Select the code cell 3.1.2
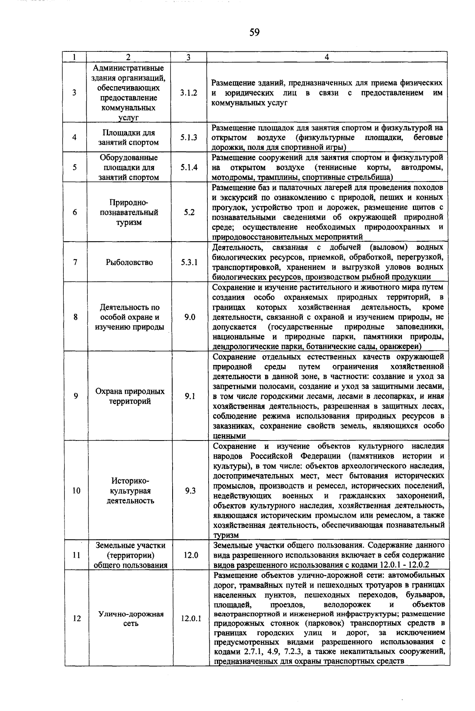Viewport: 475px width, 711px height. point(188,93)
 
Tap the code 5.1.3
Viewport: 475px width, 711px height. point(189,138)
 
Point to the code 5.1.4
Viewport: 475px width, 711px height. point(189,167)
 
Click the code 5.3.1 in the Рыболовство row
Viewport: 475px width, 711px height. point(189,262)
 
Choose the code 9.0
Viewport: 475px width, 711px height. point(190,317)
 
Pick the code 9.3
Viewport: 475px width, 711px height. point(190,491)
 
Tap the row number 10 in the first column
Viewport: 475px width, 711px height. point(76,491)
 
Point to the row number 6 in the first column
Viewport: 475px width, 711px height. point(75,212)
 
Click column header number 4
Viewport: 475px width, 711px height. point(327,57)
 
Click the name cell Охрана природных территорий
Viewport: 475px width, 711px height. point(130,396)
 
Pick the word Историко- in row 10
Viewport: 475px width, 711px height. point(130,481)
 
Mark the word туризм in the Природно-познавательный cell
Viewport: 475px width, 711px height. point(129,222)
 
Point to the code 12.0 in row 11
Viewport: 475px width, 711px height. point(190,555)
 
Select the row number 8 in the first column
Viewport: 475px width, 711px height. point(75,317)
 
